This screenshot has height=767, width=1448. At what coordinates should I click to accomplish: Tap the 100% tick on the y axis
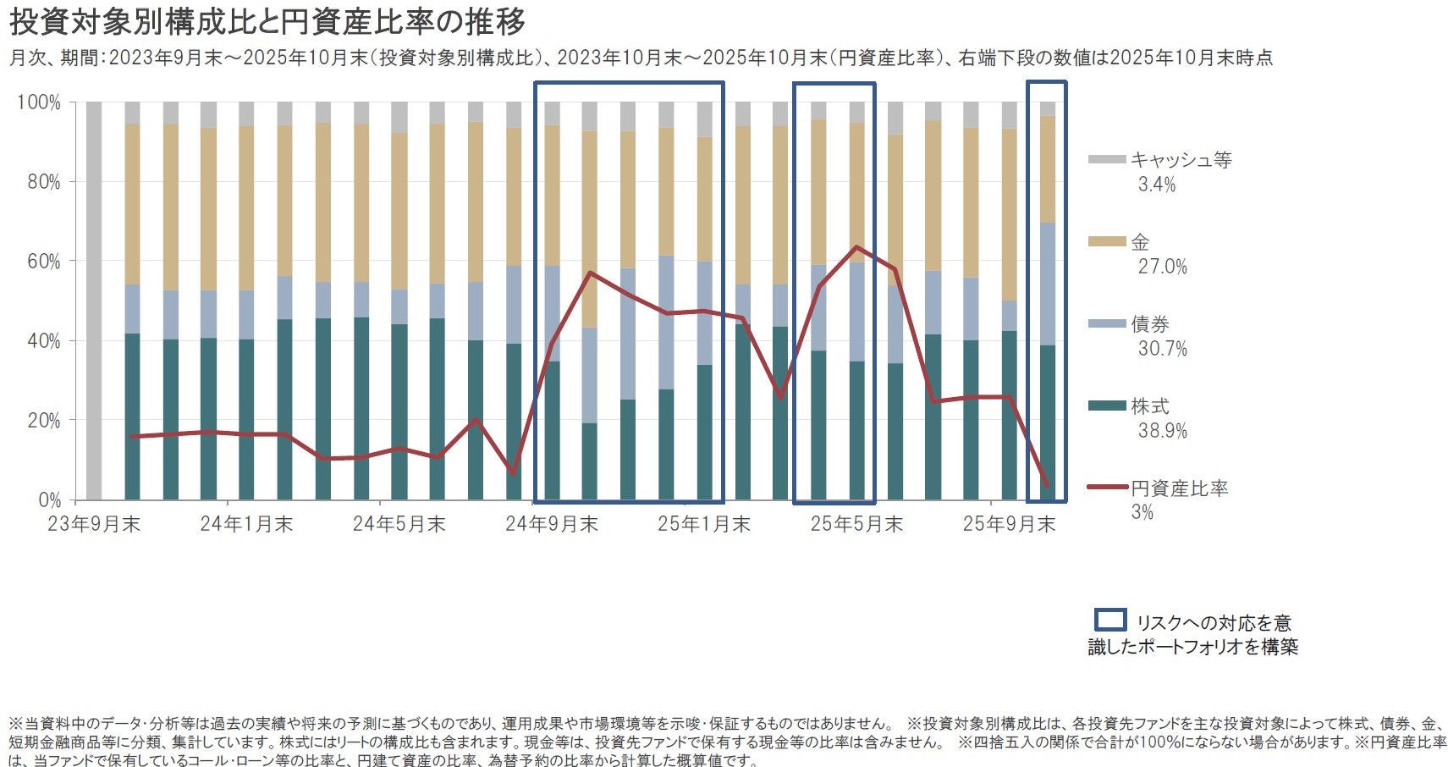pyautogui.click(x=39, y=102)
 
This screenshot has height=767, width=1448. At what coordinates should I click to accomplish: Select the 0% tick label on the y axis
pyautogui.click(x=49, y=500)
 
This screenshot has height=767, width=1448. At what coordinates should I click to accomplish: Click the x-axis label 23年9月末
pyautogui.click(x=94, y=524)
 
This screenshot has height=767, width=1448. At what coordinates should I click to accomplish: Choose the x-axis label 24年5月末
pyautogui.click(x=399, y=524)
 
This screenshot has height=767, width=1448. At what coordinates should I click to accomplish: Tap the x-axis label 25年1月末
pyautogui.click(x=704, y=524)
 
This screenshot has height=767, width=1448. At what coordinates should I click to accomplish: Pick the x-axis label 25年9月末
pyautogui.click(x=1009, y=524)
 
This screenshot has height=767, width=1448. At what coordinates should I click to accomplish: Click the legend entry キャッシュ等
pyautogui.click(x=1181, y=160)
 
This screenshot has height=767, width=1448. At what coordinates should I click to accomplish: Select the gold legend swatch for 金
pyautogui.click(x=1107, y=242)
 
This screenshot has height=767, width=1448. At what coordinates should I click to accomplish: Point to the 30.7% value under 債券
pyautogui.click(x=1162, y=349)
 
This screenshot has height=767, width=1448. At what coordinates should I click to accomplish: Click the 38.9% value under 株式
pyautogui.click(x=1162, y=431)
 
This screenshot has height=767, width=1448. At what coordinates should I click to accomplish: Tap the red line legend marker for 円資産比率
pyautogui.click(x=1107, y=488)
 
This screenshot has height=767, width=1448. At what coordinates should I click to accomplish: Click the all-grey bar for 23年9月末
pyautogui.click(x=94, y=301)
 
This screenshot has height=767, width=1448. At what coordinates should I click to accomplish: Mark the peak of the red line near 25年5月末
pyautogui.click(x=856, y=247)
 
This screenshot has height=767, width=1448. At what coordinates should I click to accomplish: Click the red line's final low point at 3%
pyautogui.click(x=1047, y=485)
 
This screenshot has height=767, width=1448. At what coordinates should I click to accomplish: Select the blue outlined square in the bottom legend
pyautogui.click(x=1110, y=621)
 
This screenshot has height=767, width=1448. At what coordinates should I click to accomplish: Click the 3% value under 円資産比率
pyautogui.click(x=1142, y=512)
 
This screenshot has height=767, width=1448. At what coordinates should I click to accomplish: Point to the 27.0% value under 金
pyautogui.click(x=1162, y=267)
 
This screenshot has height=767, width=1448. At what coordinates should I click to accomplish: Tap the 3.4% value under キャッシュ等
pyautogui.click(x=1157, y=185)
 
